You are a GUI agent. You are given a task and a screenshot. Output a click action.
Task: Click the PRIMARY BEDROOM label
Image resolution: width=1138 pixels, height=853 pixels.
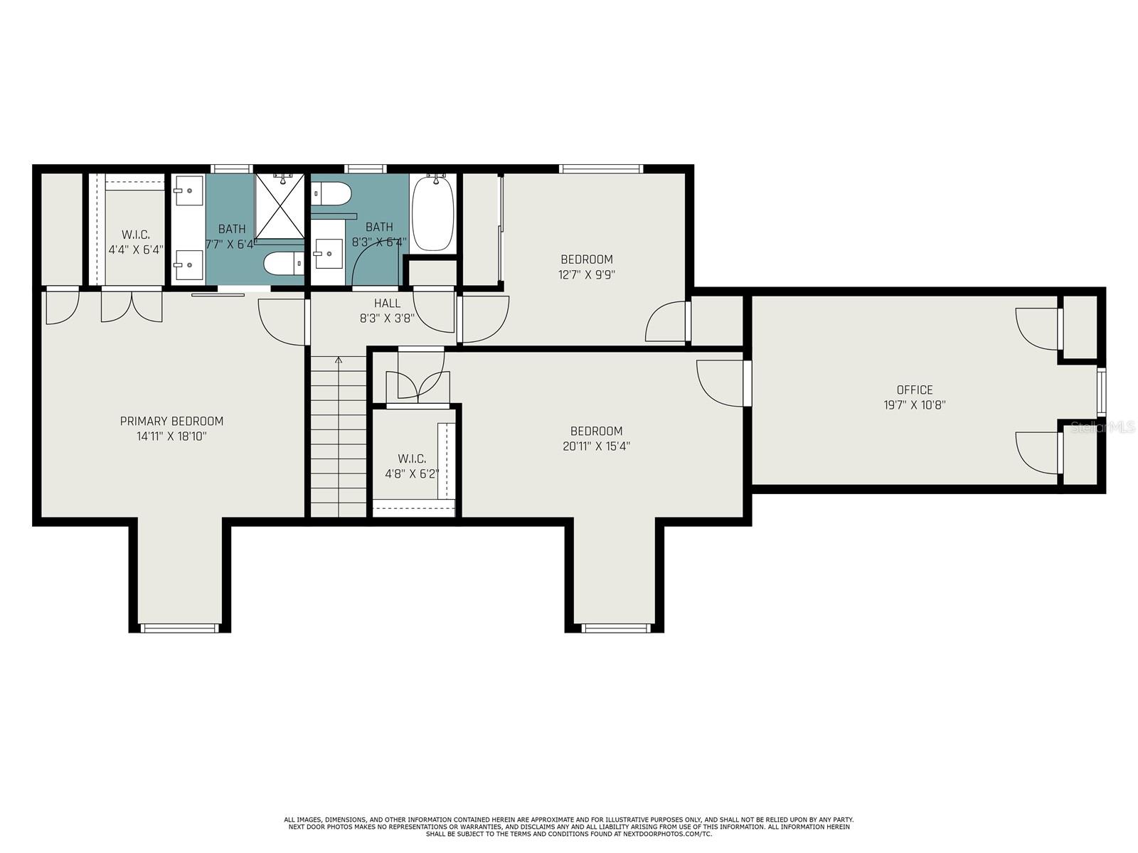(171, 421)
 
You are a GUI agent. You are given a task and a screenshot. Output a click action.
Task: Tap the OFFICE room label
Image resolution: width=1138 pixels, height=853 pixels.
(915, 390)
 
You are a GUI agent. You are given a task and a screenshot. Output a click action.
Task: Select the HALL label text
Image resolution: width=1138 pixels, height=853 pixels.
(388, 303)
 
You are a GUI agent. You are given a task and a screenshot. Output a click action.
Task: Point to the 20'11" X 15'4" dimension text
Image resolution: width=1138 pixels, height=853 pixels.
(596, 446)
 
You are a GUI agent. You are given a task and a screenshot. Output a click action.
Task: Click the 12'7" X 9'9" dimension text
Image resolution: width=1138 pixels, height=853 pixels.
(586, 274)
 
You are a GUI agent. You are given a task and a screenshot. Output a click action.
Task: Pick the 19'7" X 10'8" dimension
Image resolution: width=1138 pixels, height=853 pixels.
(915, 404)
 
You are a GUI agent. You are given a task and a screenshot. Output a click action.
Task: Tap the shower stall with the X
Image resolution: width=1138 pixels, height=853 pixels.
(280, 205)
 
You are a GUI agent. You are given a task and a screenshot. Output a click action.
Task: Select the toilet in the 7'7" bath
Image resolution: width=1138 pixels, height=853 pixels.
(284, 263)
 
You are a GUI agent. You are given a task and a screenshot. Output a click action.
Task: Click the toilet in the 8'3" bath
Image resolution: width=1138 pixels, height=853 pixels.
(332, 193)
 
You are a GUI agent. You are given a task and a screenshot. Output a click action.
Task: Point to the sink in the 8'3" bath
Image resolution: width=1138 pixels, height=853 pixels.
(329, 254)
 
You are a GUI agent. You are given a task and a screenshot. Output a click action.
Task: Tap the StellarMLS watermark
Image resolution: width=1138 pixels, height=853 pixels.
(1102, 427)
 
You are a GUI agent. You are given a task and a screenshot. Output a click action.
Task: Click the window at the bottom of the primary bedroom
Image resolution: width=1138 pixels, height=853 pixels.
(179, 628)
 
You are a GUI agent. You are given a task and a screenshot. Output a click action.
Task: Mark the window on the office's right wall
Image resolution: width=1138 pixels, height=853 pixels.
(1101, 391)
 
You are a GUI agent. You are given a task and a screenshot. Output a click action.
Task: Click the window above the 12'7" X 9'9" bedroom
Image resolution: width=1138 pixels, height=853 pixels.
(601, 168)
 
